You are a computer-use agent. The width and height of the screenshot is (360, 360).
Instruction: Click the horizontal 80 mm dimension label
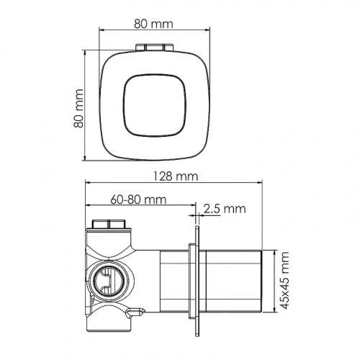pyautogui.click(x=153, y=24)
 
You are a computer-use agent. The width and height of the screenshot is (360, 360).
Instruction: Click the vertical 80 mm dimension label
pyautogui.click(x=78, y=108)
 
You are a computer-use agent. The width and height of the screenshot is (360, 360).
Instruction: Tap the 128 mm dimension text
pyautogui.click(x=176, y=176)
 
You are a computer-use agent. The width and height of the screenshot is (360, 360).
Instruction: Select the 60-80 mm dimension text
pyautogui.click(x=138, y=199)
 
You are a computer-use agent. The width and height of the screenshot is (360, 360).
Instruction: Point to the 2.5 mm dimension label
pyautogui.click(x=225, y=209)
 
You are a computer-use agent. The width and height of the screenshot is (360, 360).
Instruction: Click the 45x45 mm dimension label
pyautogui.click(x=285, y=280)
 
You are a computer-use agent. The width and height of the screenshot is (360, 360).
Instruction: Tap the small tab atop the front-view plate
pyautogui.click(x=155, y=47)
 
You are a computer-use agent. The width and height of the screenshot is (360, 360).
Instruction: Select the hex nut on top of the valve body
pyautogui.click(x=109, y=224)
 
